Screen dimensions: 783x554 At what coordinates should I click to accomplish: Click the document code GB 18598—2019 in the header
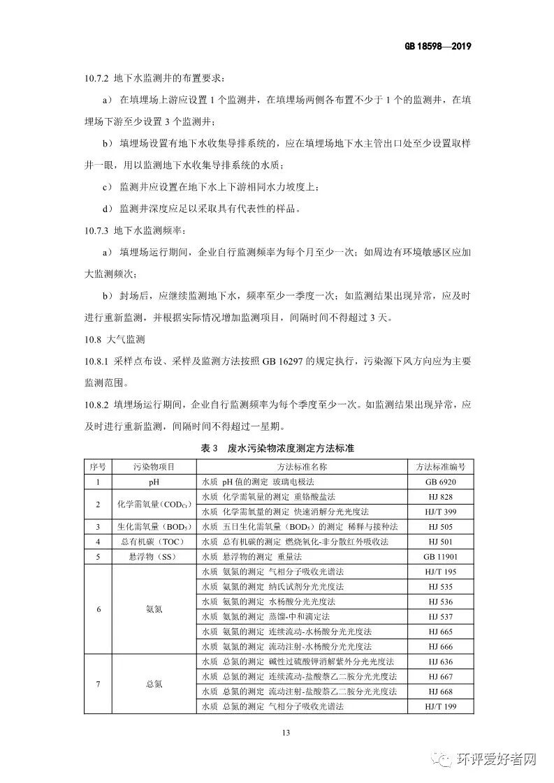point(438,47)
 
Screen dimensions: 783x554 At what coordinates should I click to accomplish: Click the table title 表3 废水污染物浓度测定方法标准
point(277,447)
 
